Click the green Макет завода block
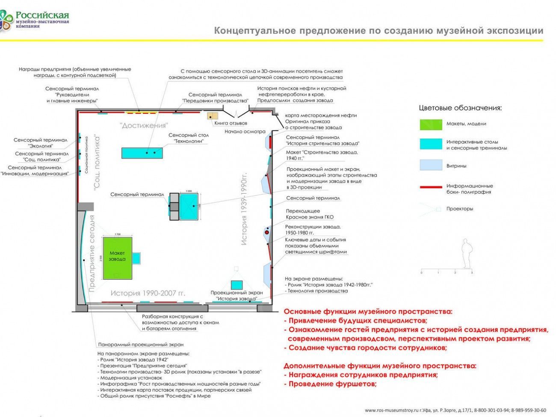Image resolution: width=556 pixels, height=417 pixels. [117, 258]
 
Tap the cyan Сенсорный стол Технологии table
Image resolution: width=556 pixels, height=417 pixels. [142, 153]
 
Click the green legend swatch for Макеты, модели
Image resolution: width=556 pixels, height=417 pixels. [431, 124]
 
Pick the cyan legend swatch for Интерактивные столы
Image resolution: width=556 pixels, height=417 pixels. [431, 144]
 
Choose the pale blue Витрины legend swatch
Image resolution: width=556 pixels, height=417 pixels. [431, 165]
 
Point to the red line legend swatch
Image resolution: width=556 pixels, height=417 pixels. [431, 187]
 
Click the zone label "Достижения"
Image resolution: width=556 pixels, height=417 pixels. [143, 126]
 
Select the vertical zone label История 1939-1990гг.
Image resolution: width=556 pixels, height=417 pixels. [244, 209]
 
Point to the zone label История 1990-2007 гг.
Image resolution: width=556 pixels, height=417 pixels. [148, 293]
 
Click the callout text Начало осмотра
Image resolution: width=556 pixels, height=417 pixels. [245, 131]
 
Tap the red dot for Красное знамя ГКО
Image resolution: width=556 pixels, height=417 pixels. [267, 232]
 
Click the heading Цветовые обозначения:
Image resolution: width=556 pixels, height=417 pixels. [460, 108]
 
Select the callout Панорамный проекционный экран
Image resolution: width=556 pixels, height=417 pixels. [140, 344]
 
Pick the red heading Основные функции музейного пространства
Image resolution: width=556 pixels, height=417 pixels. [368, 312]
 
